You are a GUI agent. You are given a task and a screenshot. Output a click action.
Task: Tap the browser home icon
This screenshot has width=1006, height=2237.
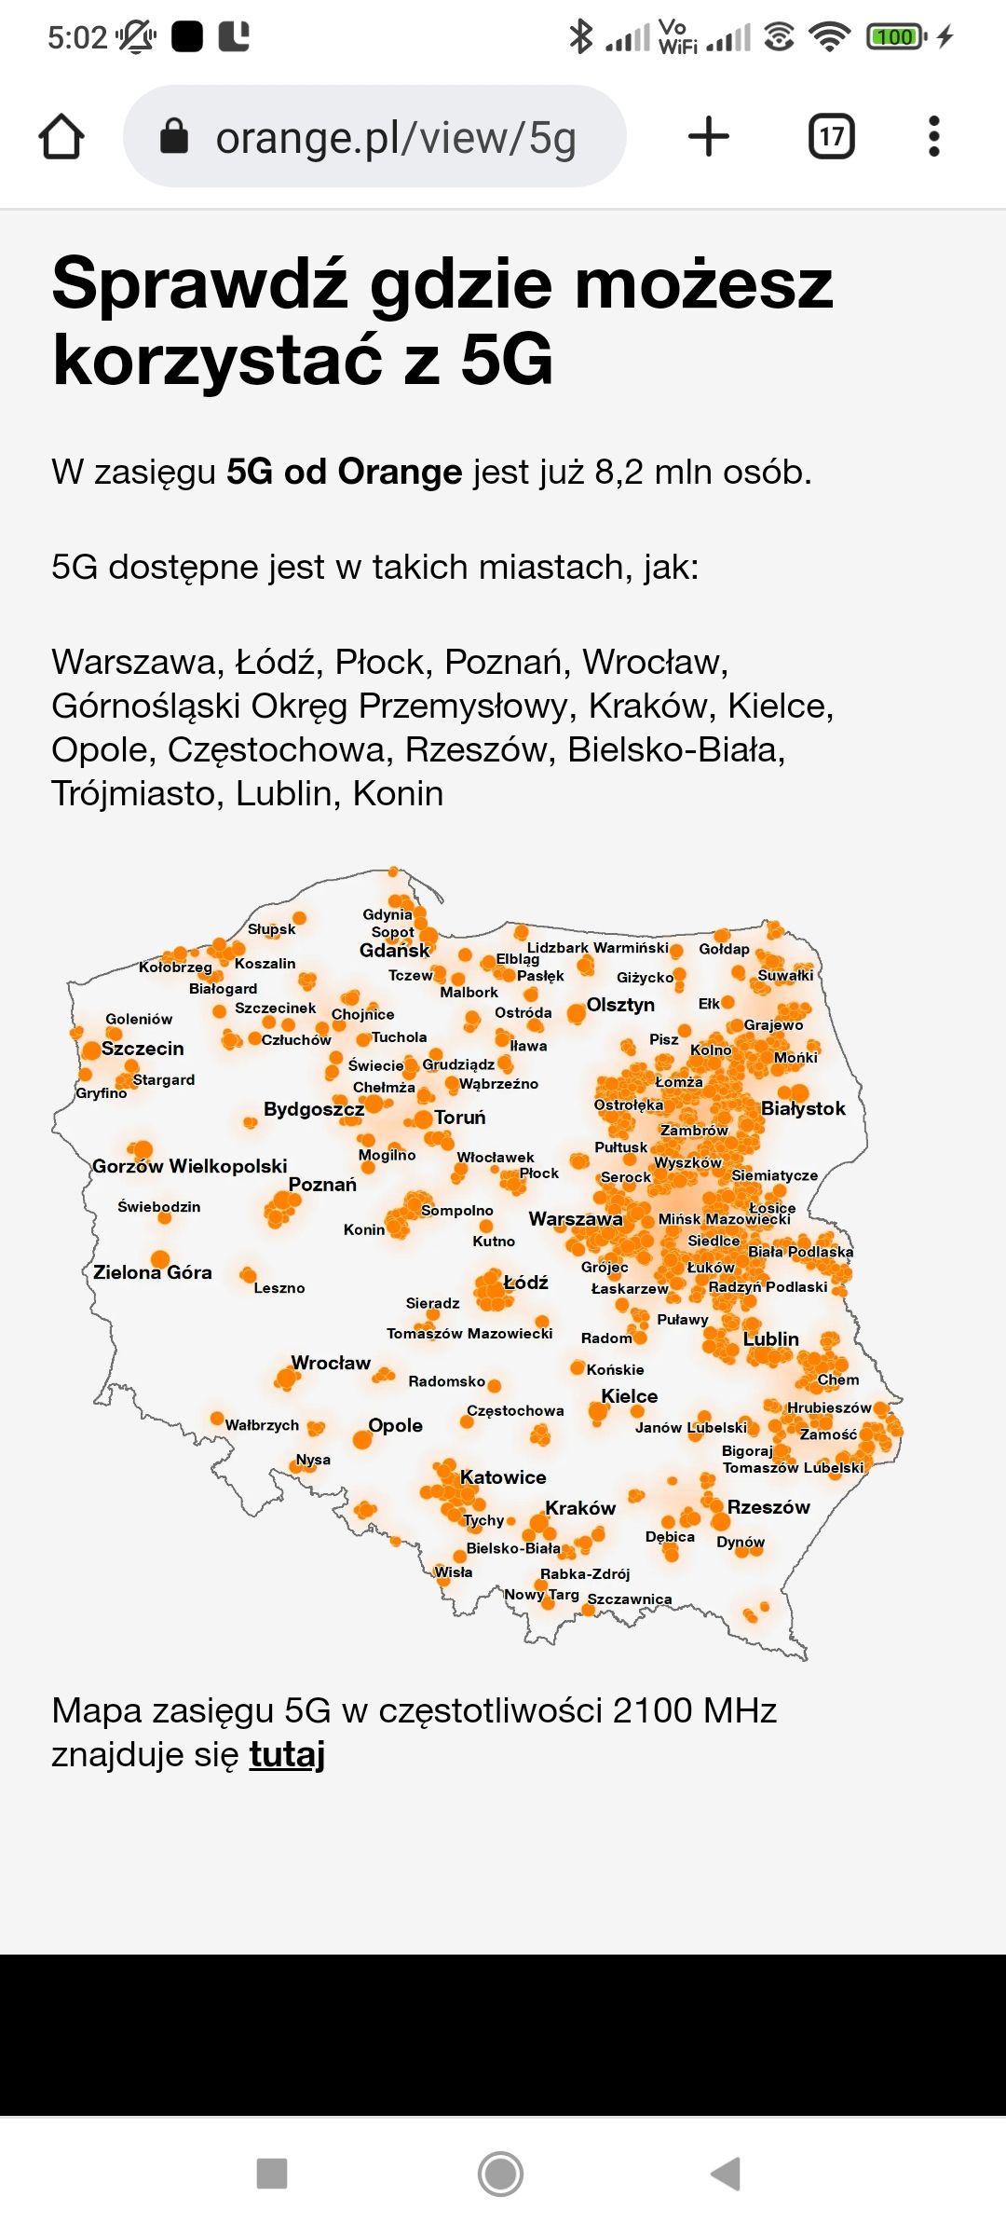coord(61,137)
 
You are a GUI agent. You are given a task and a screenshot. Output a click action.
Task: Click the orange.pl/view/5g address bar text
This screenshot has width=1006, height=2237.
coord(396,138)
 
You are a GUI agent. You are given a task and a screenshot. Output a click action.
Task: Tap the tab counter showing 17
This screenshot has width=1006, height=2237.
coord(831,137)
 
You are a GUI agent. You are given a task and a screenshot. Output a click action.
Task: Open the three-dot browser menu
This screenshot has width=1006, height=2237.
coord(934,137)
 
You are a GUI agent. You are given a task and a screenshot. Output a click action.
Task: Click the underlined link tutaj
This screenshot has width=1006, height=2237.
coord(287,1754)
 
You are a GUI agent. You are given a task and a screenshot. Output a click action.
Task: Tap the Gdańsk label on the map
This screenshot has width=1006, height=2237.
coord(395,951)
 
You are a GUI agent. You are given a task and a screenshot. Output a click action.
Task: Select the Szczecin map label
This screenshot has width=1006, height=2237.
coord(143,1049)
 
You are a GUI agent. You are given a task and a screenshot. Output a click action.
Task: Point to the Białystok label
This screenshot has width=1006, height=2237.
coord(803,1108)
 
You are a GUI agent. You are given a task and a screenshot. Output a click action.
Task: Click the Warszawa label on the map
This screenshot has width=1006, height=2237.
coord(576,1219)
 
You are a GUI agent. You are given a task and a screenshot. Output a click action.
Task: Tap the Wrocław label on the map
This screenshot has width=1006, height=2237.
coord(331,1363)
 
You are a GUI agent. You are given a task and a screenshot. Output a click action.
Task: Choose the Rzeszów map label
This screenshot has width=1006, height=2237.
coord(768,1507)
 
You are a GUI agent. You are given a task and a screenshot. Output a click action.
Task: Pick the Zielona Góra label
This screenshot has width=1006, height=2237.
coord(153,1272)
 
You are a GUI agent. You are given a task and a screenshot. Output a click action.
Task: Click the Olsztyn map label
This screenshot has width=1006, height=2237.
coord(620,1005)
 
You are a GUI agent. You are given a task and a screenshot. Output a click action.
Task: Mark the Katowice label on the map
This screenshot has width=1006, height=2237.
coord(503,1477)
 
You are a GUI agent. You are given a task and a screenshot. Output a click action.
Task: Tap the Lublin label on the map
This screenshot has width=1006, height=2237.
coord(771,1339)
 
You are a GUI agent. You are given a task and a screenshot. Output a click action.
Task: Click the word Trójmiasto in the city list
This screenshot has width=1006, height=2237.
coord(138,793)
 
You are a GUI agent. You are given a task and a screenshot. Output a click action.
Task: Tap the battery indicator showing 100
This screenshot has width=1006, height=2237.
coord(895,36)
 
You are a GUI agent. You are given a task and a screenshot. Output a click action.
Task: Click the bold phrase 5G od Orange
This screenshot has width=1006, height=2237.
coord(345,472)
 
